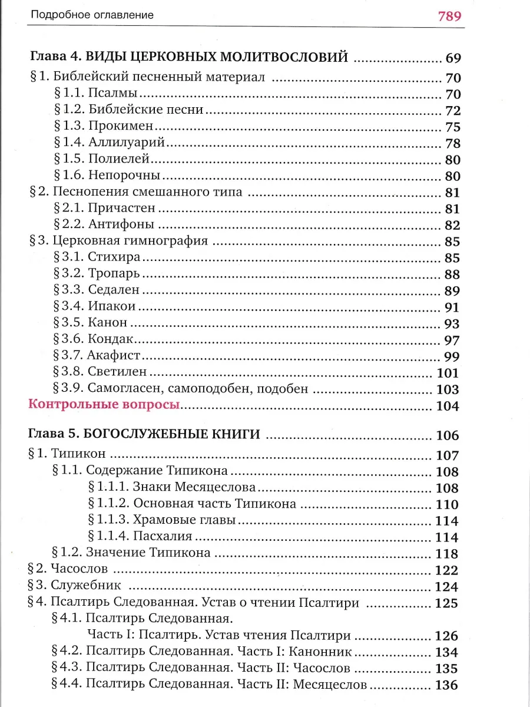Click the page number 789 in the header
coord(449,15)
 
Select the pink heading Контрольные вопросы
coord(104,405)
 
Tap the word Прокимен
coord(121,127)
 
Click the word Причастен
coord(122,207)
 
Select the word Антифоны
coord(121,224)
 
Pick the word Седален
coord(114,289)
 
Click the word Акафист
coord(113,355)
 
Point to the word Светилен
coord(117,372)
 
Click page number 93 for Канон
coord(450,323)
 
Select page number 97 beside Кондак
coord(450,339)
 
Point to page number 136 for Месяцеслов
coord(446,685)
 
